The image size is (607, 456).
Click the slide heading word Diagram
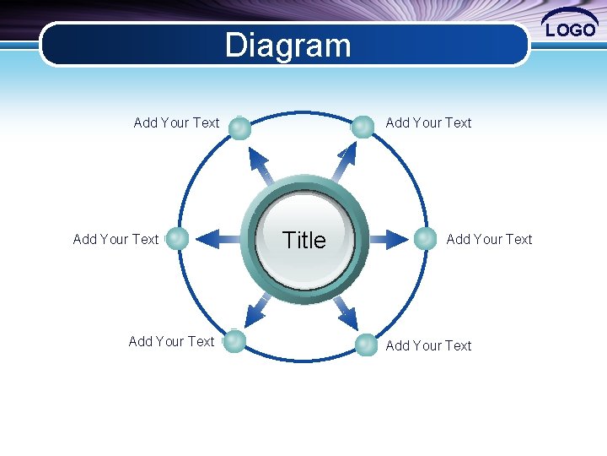click(287, 46)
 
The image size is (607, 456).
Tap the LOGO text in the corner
click(571, 30)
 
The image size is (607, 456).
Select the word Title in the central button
click(303, 241)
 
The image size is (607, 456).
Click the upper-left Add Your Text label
click(176, 122)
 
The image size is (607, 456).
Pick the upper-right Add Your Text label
click(428, 122)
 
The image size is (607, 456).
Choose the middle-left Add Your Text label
click(115, 239)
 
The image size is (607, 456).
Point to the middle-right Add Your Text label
click(489, 239)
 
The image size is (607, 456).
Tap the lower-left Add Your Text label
click(171, 341)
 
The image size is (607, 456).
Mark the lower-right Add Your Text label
click(428, 345)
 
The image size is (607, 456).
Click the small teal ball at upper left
click(239, 128)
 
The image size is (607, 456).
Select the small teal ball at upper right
click(363, 127)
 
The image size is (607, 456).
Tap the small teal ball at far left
click(177, 239)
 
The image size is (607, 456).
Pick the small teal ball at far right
click(426, 239)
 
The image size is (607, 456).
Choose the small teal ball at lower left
click(234, 341)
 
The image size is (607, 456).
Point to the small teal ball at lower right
click(366, 345)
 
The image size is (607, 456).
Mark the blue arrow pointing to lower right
click(344, 312)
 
